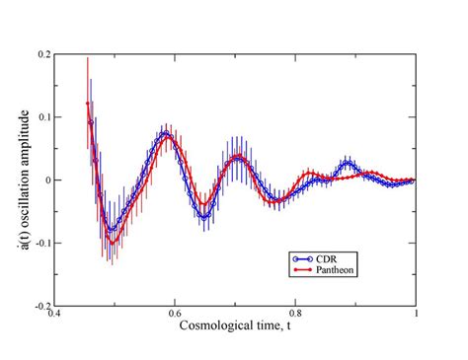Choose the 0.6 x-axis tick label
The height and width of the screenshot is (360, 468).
click(x=176, y=316)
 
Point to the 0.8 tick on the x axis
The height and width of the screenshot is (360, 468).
click(x=296, y=316)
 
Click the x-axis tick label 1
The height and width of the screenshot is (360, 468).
click(x=416, y=316)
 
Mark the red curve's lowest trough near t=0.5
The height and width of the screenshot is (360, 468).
click(x=114, y=243)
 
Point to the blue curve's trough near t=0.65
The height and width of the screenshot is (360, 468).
click(x=203, y=216)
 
